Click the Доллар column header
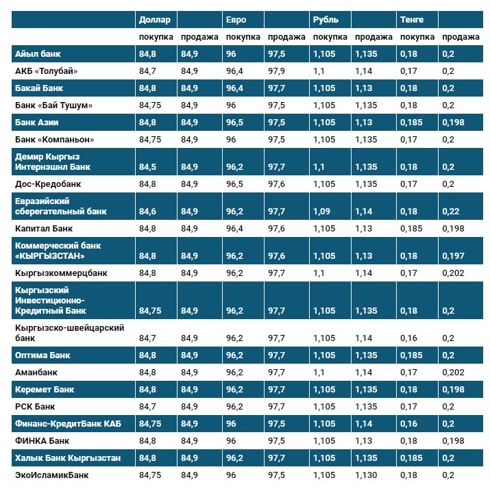point(154,19)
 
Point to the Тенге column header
point(412,19)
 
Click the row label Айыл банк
point(38,53)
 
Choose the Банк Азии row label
point(36,123)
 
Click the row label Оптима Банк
point(42,355)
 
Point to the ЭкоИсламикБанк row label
point(51,475)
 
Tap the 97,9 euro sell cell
point(276,71)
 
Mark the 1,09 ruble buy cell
point(321,212)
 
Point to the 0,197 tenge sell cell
point(453,256)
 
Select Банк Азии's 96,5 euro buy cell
point(234,123)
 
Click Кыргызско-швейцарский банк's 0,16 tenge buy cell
point(409,338)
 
